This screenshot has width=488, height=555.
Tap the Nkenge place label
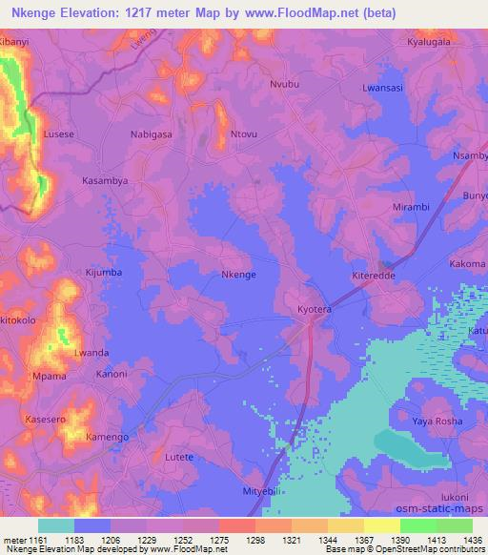click(237, 275)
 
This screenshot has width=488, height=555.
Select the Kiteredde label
click(375, 275)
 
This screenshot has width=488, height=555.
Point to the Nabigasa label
click(151, 134)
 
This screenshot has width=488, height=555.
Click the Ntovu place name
click(246, 134)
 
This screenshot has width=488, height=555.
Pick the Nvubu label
click(285, 85)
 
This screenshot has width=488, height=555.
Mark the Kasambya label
click(105, 180)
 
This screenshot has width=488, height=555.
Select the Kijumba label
click(105, 273)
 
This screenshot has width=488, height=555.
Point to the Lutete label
click(179, 457)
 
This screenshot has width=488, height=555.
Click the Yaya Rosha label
click(437, 421)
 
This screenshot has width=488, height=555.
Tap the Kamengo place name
click(108, 436)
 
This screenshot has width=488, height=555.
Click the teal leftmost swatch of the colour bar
click(55, 525)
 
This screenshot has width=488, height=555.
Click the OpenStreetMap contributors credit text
click(434, 549)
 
